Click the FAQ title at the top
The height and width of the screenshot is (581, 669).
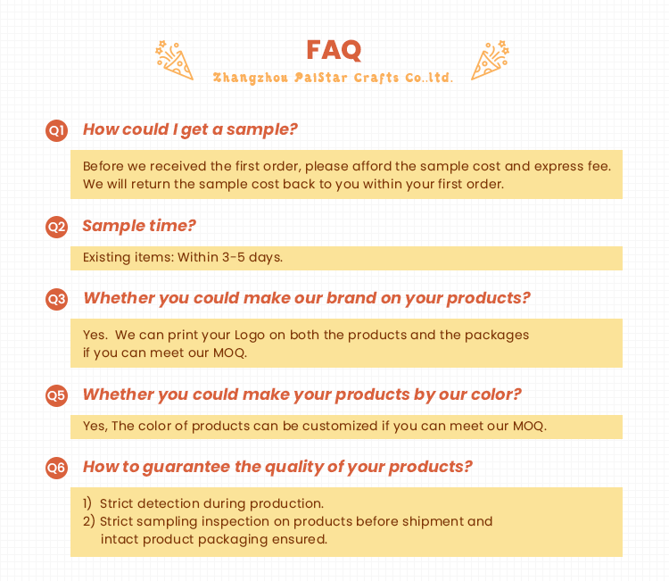(x=334, y=50)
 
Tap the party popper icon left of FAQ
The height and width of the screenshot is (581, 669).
(x=175, y=60)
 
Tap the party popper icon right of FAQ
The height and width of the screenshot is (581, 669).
(x=491, y=60)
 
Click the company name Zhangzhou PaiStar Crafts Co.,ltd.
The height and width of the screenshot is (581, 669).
(x=333, y=78)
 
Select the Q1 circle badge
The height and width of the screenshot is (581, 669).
(x=57, y=130)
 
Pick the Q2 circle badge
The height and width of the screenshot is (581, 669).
(x=57, y=227)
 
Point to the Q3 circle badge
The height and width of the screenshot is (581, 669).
(x=57, y=299)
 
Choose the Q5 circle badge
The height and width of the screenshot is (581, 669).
(x=57, y=395)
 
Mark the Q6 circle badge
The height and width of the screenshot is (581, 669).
(x=57, y=468)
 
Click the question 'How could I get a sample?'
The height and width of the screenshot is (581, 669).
(x=190, y=129)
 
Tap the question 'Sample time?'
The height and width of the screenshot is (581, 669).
(x=139, y=226)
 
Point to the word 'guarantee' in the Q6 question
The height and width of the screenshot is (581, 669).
(x=186, y=467)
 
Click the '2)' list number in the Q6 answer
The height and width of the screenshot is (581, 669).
(x=88, y=521)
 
